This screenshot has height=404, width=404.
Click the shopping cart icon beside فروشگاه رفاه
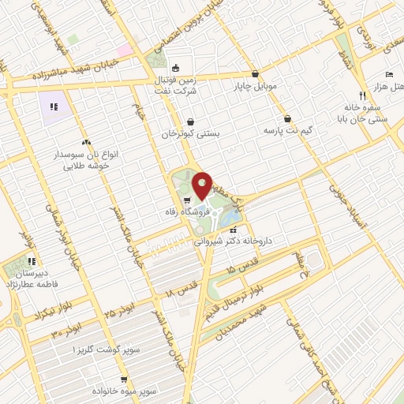(x=185, y=200)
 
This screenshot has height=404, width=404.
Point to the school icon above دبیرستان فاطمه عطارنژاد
(x=32, y=260)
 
